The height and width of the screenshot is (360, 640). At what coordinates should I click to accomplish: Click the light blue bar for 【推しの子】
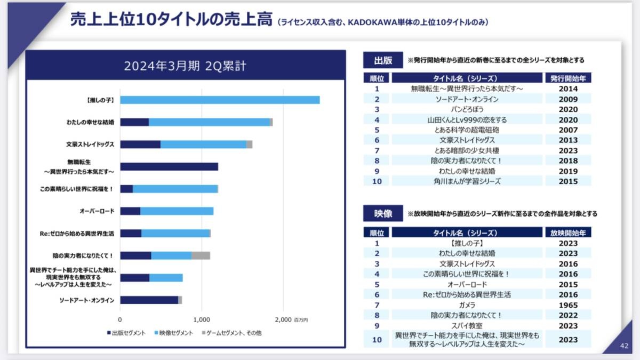pyautogui.click(x=220, y=100)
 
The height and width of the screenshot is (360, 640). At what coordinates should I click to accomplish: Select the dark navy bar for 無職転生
pyautogui.click(x=169, y=166)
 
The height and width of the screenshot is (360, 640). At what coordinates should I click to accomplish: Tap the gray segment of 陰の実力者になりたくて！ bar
pyautogui.click(x=201, y=255)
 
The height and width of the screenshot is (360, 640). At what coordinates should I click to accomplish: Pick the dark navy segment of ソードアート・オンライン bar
pyautogui.click(x=149, y=300)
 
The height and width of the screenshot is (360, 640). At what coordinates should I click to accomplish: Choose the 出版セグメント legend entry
pyautogui.click(x=126, y=333)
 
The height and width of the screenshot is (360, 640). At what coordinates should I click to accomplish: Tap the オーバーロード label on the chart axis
pyautogui.click(x=97, y=211)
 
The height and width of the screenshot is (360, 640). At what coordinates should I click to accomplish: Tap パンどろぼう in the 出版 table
pyautogui.click(x=467, y=109)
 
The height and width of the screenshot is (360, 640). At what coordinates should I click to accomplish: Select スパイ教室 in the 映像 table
pyautogui.click(x=467, y=325)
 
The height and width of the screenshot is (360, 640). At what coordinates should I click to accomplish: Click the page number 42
pyautogui.click(x=624, y=346)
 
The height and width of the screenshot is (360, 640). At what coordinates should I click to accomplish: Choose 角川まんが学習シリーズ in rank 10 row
pyautogui.click(x=467, y=181)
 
